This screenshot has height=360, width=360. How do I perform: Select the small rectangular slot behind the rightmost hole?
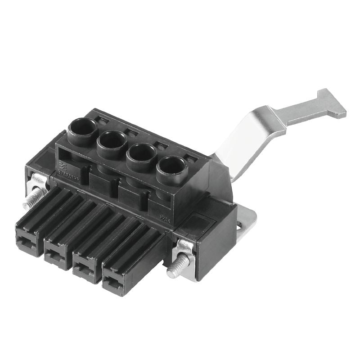pos(191,157)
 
